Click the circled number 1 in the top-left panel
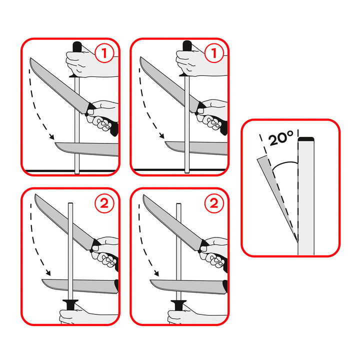click(104, 53)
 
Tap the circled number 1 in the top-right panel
click(213, 53)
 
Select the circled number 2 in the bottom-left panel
click(104, 203)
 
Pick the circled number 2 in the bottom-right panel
click(213, 203)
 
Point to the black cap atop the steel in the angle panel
click(305, 138)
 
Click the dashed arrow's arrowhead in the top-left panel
click(50, 137)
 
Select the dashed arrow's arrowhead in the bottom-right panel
click(157, 273)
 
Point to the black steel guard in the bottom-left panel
click(70, 303)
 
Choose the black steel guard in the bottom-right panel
click(179, 303)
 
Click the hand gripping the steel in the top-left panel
click(85, 63)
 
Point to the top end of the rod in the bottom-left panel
click(70, 204)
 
